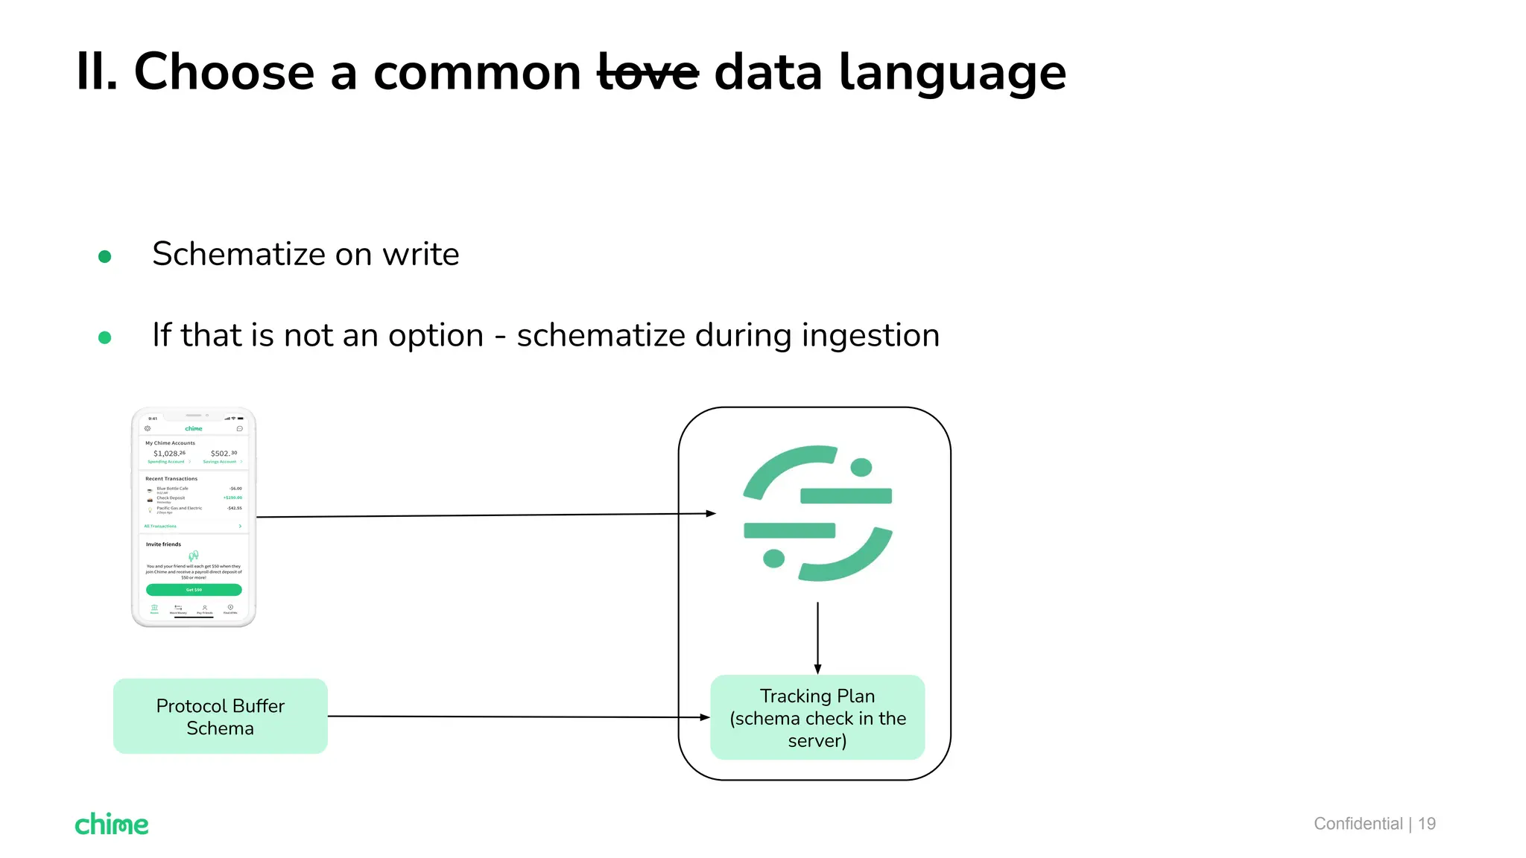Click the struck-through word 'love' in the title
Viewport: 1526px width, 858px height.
[648, 73]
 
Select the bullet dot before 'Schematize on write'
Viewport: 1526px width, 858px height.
[105, 256]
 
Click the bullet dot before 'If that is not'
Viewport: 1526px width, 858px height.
[105, 337]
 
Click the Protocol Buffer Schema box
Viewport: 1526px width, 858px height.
[221, 716]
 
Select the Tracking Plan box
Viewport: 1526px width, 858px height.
[817, 718]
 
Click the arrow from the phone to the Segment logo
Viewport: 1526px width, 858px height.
[484, 515]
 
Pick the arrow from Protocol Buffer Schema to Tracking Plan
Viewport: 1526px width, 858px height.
[518, 717]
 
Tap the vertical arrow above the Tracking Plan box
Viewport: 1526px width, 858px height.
[817, 638]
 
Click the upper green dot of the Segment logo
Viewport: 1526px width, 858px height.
[861, 468]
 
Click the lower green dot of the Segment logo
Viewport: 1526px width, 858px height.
[774, 558]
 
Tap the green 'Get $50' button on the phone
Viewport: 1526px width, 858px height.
[194, 590]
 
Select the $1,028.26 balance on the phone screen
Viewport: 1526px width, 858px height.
[169, 453]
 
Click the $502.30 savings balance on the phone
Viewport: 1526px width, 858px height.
[224, 453]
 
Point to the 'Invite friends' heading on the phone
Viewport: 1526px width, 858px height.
[163, 544]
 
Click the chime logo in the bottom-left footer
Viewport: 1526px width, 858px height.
[112, 824]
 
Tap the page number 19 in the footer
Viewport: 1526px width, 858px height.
[1427, 824]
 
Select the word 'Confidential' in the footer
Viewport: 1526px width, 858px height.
[1358, 824]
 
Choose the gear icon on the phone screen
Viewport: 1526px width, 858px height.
[148, 428]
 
